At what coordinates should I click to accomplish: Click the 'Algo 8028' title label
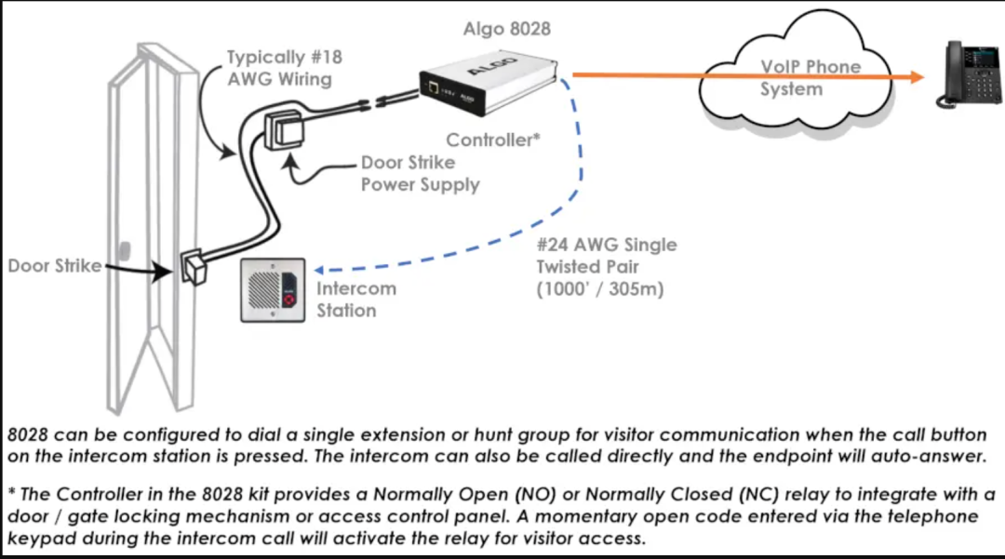pyautogui.click(x=506, y=29)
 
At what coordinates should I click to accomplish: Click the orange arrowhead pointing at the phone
pyautogui.click(x=917, y=76)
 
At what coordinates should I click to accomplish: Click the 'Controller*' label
pyautogui.click(x=493, y=140)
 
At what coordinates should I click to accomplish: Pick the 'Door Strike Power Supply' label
pyautogui.click(x=420, y=173)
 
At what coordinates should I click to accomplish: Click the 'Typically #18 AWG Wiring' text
pyautogui.click(x=284, y=68)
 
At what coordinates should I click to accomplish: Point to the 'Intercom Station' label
pyautogui.click(x=355, y=299)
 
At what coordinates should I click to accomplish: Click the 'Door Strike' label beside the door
pyautogui.click(x=54, y=267)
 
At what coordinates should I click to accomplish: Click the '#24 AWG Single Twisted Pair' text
pyautogui.click(x=606, y=256)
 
